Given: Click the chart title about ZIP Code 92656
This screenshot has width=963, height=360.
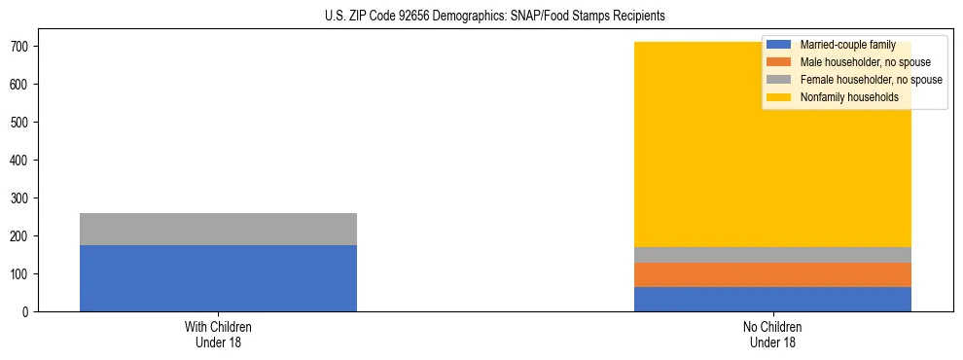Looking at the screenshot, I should point(495,17).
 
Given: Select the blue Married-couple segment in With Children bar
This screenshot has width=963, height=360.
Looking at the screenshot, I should point(218,278).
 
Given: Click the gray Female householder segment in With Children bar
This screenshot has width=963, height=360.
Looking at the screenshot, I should point(218,229).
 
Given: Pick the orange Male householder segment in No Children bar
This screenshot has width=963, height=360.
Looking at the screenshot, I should point(772,274).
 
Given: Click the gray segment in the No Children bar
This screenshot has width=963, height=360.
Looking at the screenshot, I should point(772,255).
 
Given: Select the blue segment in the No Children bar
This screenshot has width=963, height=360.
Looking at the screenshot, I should point(772,299).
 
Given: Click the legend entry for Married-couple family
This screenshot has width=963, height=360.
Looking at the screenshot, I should point(847,45).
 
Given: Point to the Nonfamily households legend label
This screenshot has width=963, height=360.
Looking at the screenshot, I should point(849,97).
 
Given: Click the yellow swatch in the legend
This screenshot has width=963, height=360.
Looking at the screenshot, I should point(779,97).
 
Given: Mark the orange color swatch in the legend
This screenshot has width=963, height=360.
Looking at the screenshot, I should point(779,62).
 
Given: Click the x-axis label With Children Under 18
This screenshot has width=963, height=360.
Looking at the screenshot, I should point(218,334).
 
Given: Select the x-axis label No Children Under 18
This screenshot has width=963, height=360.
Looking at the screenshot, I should point(772,334).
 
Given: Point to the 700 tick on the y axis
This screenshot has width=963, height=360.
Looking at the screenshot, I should point(21,47).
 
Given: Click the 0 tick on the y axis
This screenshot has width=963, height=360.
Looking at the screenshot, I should point(28,312).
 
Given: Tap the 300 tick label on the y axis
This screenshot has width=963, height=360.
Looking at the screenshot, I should point(21,198).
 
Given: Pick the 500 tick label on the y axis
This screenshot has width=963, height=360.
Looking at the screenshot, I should point(21,123).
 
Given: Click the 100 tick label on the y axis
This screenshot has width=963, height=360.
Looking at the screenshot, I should point(21,274).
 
